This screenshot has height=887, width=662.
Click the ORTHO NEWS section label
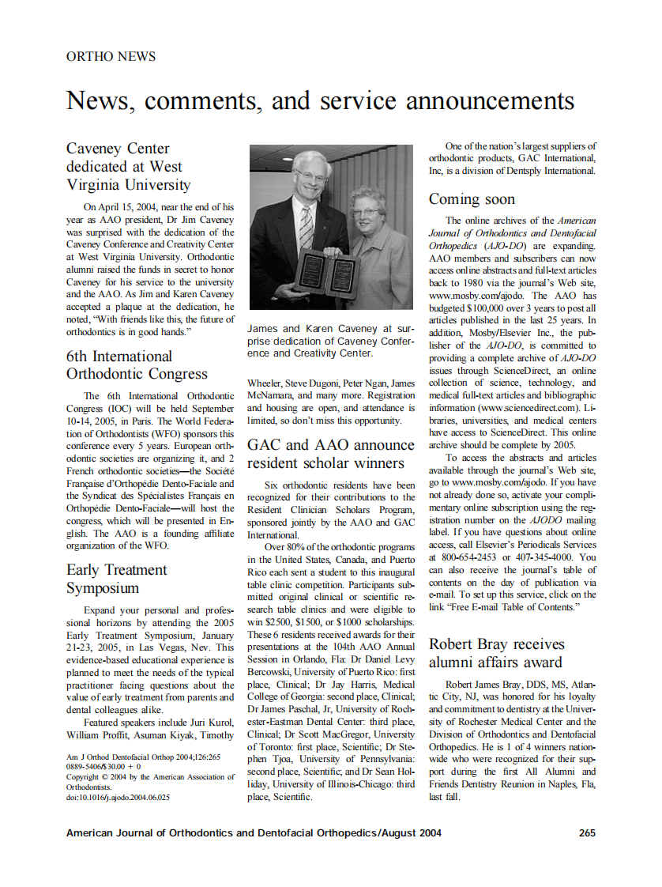pyautogui.click(x=111, y=57)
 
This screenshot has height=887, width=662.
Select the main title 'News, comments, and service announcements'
pyautogui.click(x=320, y=100)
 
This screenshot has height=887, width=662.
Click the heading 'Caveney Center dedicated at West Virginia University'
pyautogui.click(x=128, y=167)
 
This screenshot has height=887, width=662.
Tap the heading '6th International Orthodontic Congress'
pyautogui.click(x=137, y=365)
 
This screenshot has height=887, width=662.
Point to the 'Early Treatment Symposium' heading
pyautogui.click(x=116, y=579)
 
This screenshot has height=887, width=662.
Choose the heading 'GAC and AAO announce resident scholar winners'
pyautogui.click(x=331, y=455)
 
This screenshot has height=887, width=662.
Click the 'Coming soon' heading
pyautogui.click(x=472, y=199)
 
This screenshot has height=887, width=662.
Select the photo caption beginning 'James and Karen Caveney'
pyautogui.click(x=330, y=341)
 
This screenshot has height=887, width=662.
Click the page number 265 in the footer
pyautogui.click(x=586, y=832)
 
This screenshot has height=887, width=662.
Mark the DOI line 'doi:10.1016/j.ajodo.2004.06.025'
pyautogui.click(x=118, y=798)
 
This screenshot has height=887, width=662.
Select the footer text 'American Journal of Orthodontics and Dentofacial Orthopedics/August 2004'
pyautogui.click(x=254, y=832)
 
